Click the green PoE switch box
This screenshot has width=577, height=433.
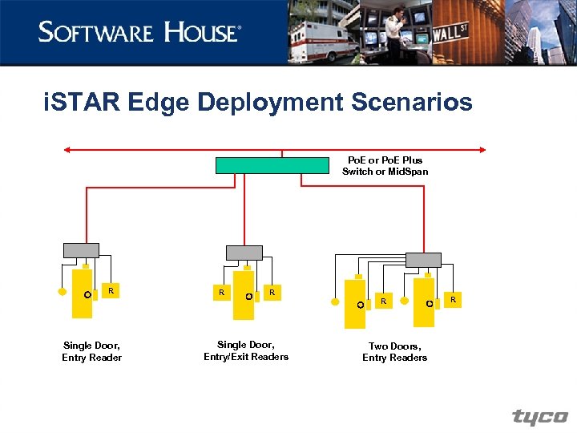(272, 165)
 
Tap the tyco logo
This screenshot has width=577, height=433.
(540, 417)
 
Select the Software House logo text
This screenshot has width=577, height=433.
(139, 33)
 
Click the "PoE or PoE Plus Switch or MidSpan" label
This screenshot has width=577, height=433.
(385, 166)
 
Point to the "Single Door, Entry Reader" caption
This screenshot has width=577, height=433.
(91, 351)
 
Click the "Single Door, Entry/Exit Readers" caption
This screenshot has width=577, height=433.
(246, 350)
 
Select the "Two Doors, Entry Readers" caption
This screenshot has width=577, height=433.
(394, 351)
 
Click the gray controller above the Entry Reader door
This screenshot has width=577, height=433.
(81, 250)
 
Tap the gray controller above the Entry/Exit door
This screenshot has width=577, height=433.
(244, 253)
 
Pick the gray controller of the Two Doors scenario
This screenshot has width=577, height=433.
(423, 259)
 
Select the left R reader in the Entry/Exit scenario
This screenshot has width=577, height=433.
(221, 293)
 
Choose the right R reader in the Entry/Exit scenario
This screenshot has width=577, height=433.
(272, 293)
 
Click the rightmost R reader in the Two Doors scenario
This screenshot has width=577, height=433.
(453, 299)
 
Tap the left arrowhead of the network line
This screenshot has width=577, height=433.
(67, 149)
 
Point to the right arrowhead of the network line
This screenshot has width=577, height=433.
(482, 149)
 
